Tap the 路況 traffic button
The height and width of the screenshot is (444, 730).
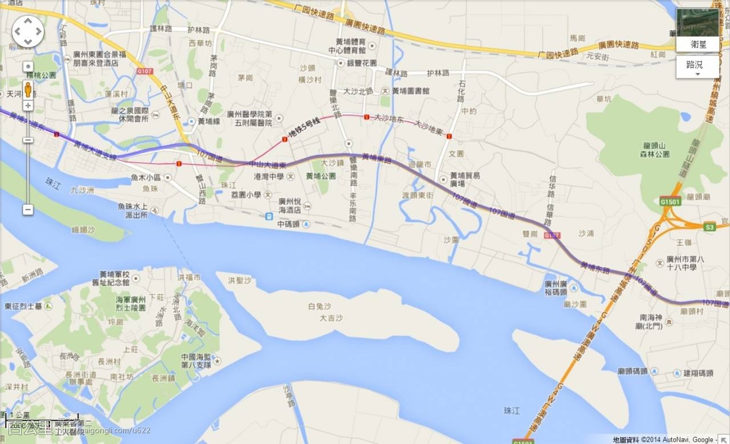click(x=697, y=67)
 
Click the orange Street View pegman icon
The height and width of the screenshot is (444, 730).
click(x=28, y=90)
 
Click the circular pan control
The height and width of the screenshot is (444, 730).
click(x=28, y=31)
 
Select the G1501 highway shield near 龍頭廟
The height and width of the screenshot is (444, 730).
click(x=670, y=201)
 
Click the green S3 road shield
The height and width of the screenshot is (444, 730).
click(x=709, y=227)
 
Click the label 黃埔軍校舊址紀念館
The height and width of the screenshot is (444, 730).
click(x=122, y=277)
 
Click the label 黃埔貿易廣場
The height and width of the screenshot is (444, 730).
click(x=465, y=179)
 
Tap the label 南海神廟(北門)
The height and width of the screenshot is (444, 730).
click(x=651, y=322)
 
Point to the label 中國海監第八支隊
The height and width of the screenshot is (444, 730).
click(x=196, y=361)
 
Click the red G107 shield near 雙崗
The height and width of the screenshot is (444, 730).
click(x=551, y=235)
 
